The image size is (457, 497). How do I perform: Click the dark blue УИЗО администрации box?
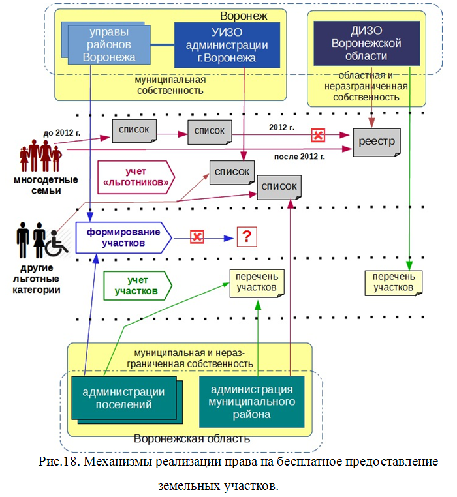[227, 45]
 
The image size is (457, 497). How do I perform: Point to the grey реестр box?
[376, 142]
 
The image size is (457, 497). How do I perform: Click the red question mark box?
[246, 237]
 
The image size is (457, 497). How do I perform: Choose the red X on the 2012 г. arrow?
[318, 136]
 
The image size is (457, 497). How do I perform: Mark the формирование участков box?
[122, 237]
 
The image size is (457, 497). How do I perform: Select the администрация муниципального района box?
[251, 401]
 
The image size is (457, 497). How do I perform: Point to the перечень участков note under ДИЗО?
[393, 282]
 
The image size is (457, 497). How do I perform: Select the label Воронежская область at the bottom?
[192, 438]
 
